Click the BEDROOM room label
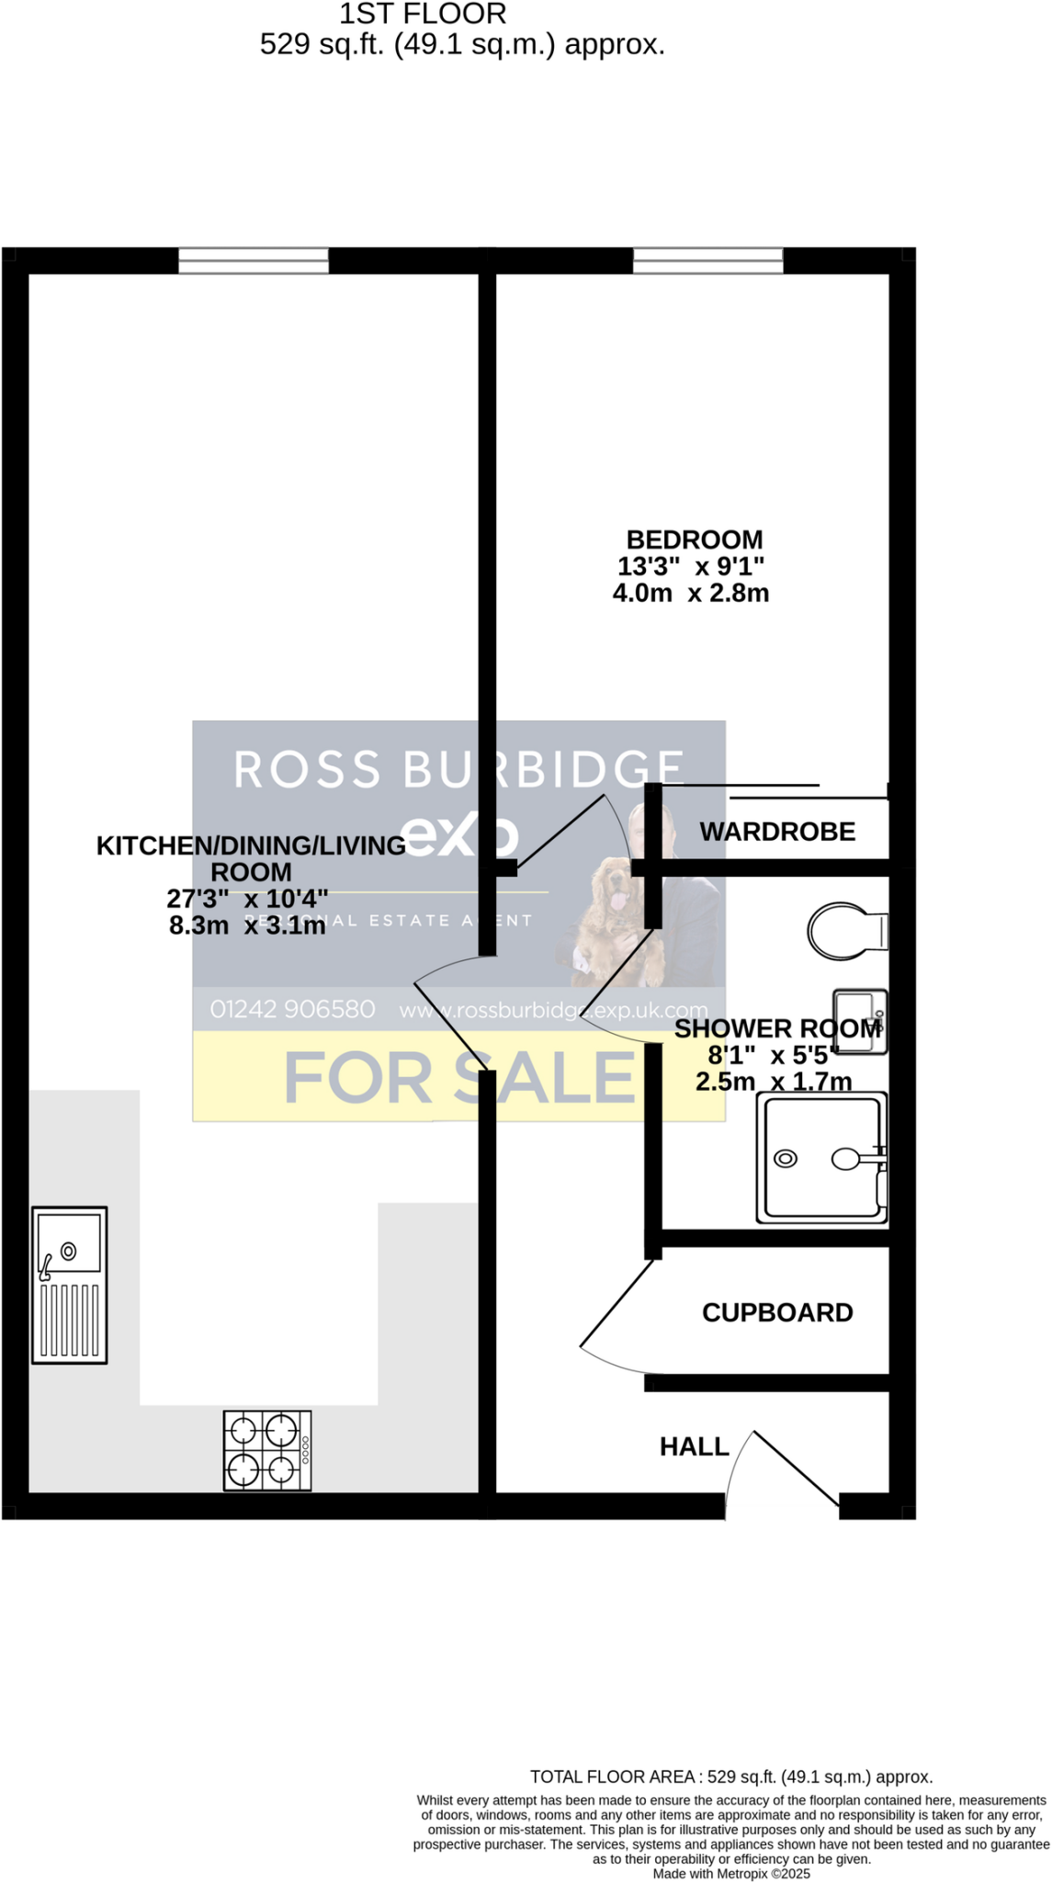pos(694,539)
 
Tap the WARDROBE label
pos(777,832)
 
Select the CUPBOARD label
pos(777,1312)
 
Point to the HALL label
pos(694,1446)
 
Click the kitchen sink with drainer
pos(70,1285)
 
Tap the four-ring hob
pos(266,1450)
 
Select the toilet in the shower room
pos(845,932)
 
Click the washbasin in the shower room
pos(859,1021)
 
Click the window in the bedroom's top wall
pos(707,261)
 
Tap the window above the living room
pos(253,261)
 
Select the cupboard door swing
pos(614,1314)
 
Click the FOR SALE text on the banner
pos(459,1077)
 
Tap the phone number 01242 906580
pos(292,1009)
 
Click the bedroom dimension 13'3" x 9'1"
pos(690,566)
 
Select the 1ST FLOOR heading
pos(423,14)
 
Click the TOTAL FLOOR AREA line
pos(730,1776)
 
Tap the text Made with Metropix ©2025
pos(730,1873)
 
